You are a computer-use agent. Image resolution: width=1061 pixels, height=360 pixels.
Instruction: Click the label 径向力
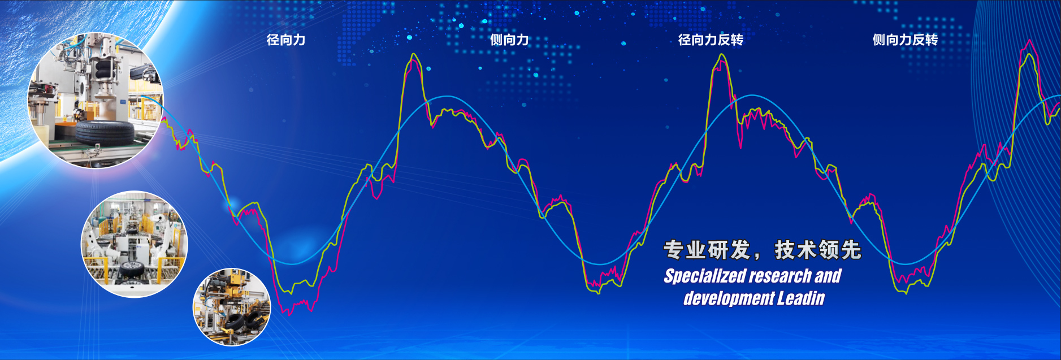point(286,40)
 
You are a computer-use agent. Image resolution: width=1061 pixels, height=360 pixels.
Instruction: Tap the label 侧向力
point(509,40)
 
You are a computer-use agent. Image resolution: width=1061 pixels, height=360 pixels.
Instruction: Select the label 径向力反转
point(711,40)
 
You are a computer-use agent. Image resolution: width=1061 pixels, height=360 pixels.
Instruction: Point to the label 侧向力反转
point(905,40)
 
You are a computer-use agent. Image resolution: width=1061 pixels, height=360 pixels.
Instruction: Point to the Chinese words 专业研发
point(707,250)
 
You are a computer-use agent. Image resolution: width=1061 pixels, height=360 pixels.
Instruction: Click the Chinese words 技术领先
point(818,250)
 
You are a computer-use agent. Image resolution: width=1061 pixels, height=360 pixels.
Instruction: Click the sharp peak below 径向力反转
point(721,55)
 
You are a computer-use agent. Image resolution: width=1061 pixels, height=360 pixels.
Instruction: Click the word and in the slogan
point(828,276)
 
